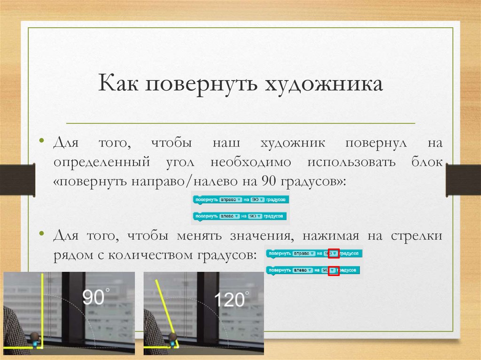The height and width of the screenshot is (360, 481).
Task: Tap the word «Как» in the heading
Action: click(x=120, y=85)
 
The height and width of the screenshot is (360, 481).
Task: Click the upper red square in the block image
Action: click(x=333, y=254)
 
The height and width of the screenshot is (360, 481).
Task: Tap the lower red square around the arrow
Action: click(x=334, y=270)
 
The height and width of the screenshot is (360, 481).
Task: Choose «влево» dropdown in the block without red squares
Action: click(x=230, y=216)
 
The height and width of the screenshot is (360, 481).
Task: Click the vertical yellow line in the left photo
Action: click(x=42, y=305)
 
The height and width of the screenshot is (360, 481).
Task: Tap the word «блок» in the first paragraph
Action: click(x=425, y=162)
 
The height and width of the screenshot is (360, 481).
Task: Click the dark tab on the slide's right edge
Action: click(x=463, y=179)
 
